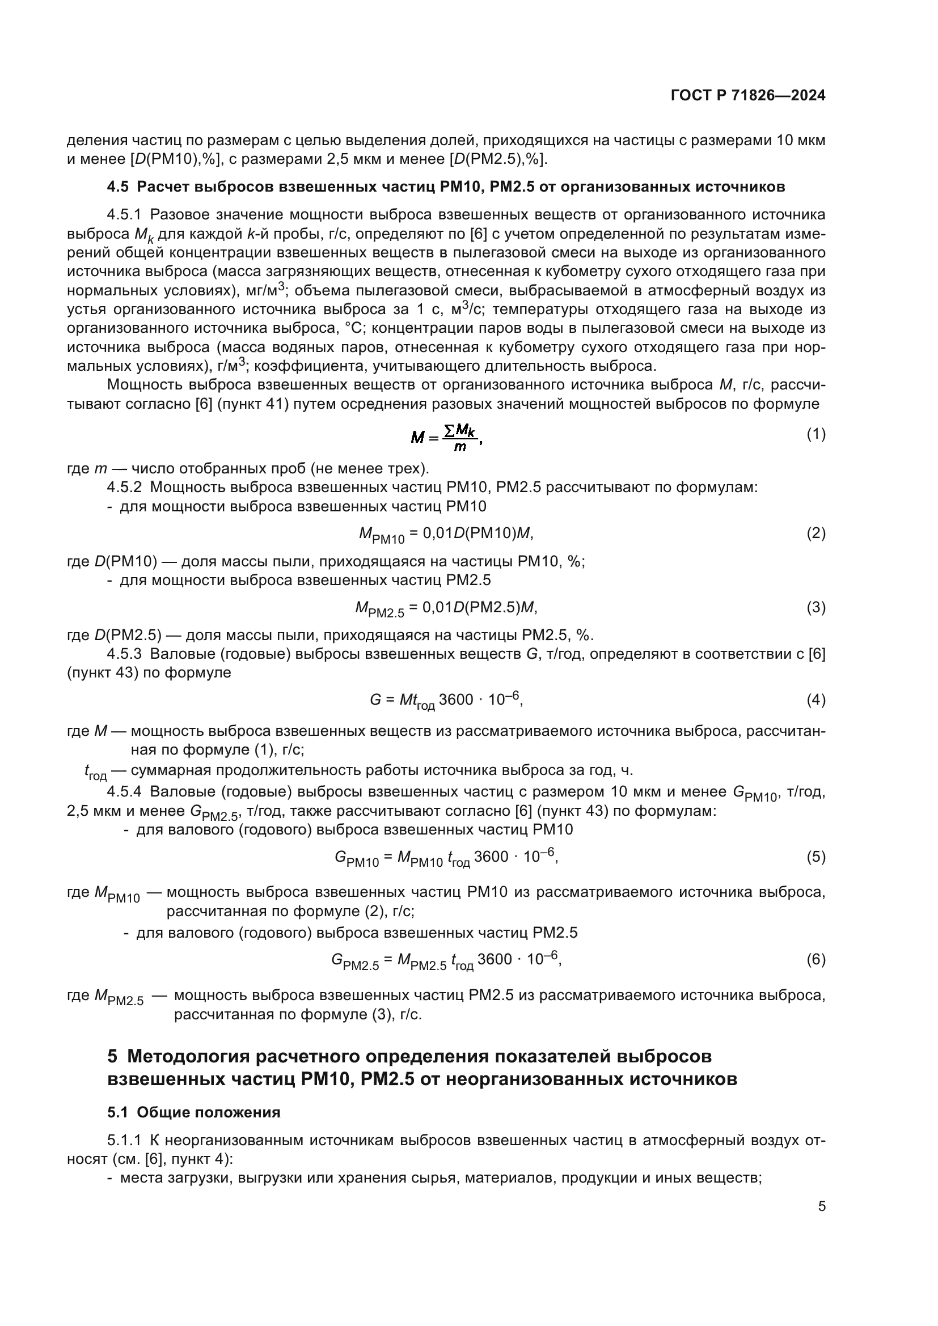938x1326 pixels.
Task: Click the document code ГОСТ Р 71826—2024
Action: (748, 96)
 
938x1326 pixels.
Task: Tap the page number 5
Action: (821, 1206)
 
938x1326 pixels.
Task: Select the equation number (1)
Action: (816, 434)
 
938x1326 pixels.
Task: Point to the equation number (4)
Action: (816, 700)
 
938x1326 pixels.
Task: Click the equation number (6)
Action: (816, 959)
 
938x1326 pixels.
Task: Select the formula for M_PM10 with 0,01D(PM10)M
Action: (446, 534)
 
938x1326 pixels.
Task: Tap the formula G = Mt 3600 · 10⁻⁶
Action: (446, 701)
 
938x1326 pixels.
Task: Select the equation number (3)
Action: (816, 607)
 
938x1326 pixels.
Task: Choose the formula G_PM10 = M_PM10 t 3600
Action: (446, 858)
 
